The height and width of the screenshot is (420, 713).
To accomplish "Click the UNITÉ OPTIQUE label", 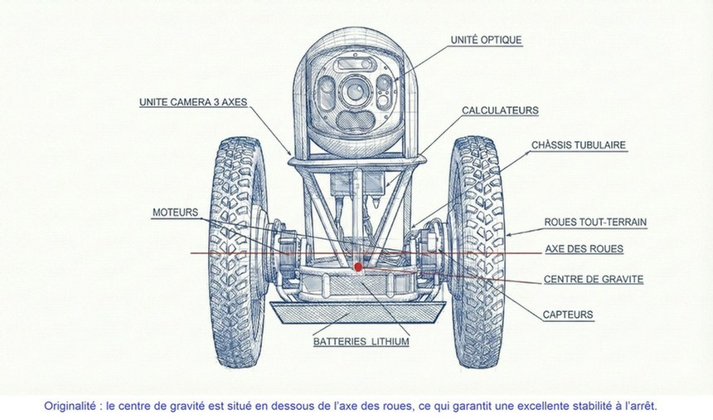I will [486, 40].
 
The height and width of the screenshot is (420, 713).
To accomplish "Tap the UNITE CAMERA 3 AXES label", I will [192, 103].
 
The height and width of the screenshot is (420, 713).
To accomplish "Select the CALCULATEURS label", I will [500, 110].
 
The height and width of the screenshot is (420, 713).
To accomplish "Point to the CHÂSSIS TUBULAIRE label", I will [579, 145].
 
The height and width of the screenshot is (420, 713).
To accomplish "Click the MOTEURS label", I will [175, 212].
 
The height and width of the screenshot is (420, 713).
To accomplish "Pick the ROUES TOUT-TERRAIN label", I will [595, 222].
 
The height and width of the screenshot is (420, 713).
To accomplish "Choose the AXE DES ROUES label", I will [584, 249].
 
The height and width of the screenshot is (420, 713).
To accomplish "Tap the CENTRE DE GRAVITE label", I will [593, 280].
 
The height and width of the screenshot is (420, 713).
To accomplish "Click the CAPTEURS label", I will [568, 315].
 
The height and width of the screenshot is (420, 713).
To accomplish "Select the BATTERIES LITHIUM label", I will [361, 341].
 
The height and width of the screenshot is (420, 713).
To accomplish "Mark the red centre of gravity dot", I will [358, 267].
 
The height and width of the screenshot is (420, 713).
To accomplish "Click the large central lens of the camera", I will [356, 87].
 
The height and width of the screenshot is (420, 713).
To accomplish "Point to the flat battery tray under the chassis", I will [357, 312].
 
